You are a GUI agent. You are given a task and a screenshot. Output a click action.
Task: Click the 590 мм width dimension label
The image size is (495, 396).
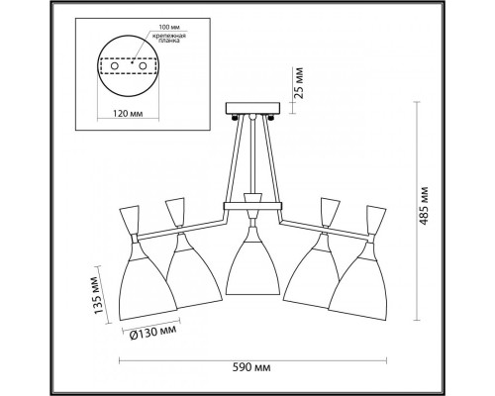pos(251,367)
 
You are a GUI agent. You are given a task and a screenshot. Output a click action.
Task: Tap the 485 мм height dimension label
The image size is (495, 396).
pos(425,206)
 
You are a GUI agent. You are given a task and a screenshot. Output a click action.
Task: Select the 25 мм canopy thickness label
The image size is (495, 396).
pos(299,83)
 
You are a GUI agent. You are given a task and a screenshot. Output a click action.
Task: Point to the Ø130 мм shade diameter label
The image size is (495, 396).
pos(151,332)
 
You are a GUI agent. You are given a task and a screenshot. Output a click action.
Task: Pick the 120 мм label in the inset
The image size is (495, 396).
pos(128,114)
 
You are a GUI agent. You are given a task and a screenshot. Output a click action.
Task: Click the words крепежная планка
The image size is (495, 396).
pos(169,38)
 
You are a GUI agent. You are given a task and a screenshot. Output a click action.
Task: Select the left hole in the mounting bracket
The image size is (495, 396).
pos(114,66)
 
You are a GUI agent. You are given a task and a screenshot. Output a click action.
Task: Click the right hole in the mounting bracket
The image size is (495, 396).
pos(143,66)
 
